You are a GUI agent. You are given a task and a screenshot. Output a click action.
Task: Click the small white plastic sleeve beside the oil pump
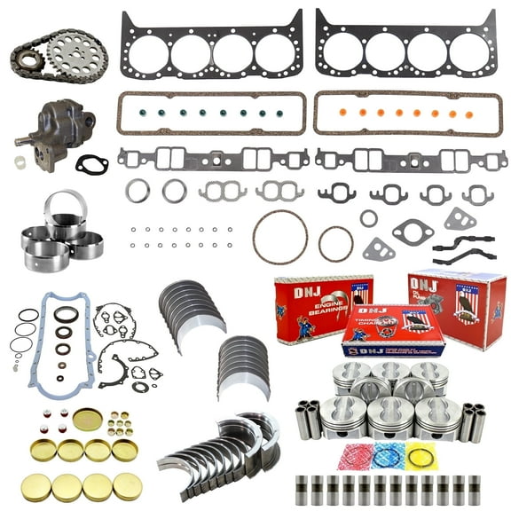click(20, 162)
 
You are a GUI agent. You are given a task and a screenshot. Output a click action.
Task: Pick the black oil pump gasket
click(90, 163)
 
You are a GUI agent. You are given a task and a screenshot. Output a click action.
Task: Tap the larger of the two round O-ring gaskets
click(279, 237)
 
